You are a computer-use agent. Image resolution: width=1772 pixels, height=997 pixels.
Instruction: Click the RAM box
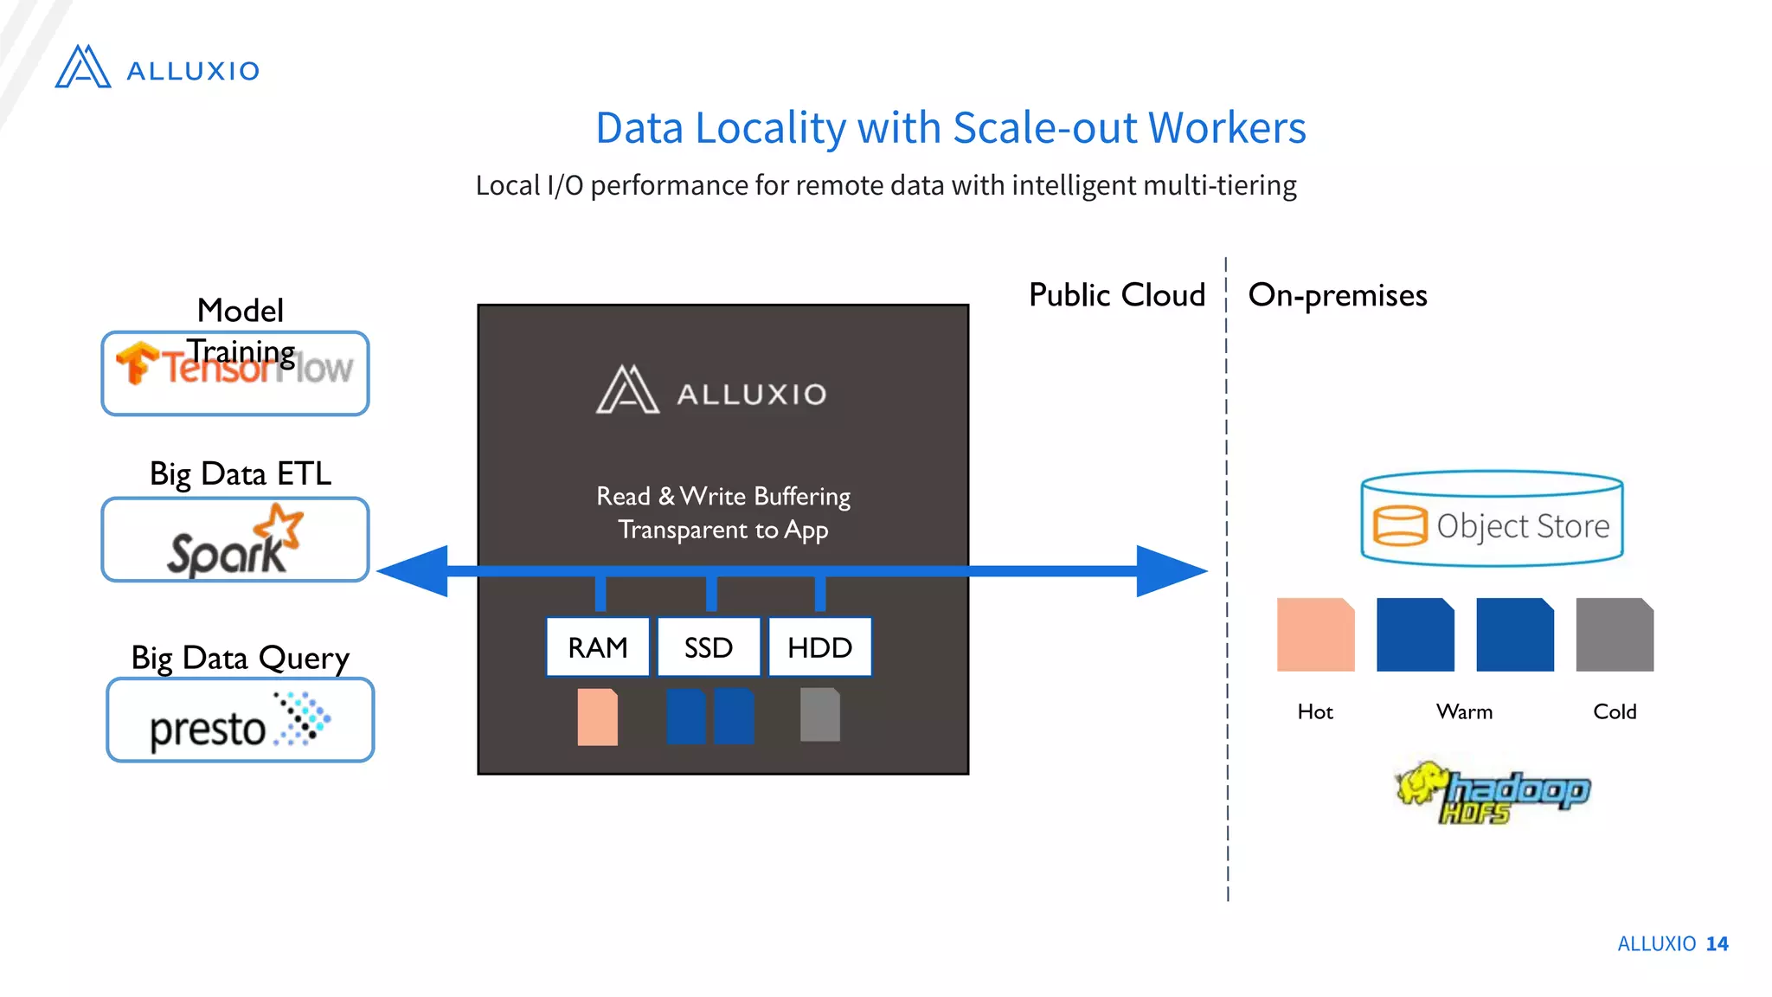point(598,647)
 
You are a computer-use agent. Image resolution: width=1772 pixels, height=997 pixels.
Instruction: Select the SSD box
point(709,647)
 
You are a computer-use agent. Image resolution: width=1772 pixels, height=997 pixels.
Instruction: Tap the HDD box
point(819,647)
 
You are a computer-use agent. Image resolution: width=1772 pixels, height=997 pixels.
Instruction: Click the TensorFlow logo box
point(235,374)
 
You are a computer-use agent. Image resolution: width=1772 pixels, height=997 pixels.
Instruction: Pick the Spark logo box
point(235,540)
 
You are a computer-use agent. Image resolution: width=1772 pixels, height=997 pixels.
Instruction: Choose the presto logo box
point(240,721)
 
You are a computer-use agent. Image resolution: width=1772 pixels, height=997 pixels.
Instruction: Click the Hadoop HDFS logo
point(1493,793)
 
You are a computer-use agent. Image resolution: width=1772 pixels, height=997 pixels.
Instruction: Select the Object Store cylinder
point(1492,519)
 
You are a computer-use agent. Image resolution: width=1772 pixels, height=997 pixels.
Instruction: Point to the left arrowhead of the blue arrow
point(414,571)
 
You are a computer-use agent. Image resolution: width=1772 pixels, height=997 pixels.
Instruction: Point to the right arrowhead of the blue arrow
point(1172,571)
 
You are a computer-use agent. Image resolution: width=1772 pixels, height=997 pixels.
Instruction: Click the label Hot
point(1315,711)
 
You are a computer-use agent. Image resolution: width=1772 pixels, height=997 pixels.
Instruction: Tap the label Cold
point(1615,711)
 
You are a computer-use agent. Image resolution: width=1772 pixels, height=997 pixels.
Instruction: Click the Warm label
point(1464,711)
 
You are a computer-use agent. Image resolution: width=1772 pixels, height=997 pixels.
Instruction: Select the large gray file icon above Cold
point(1615,634)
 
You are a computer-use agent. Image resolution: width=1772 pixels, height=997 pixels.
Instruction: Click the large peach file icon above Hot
point(1315,634)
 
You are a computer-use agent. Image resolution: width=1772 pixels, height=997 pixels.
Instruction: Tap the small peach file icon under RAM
point(598,717)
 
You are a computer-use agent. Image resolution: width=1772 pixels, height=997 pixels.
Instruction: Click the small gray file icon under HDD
point(819,715)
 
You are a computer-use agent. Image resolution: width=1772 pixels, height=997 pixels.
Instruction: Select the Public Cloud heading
point(1116,295)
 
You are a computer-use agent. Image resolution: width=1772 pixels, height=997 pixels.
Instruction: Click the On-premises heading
point(1337,295)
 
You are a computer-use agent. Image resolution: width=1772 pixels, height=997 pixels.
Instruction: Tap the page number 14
point(1717,943)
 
